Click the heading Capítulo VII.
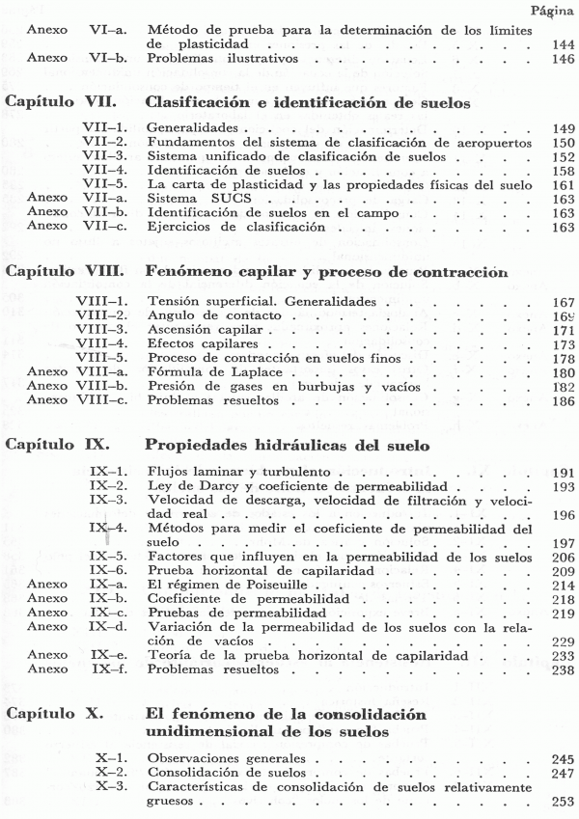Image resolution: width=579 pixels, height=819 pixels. [x=62, y=100]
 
